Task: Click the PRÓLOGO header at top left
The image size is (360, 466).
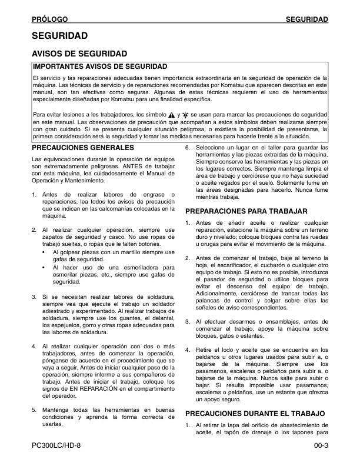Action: tap(50, 20)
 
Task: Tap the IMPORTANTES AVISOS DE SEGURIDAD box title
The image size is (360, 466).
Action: tap(100, 66)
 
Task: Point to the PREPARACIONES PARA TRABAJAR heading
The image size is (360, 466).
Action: tap(247, 211)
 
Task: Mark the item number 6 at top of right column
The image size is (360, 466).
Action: tap(188, 147)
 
